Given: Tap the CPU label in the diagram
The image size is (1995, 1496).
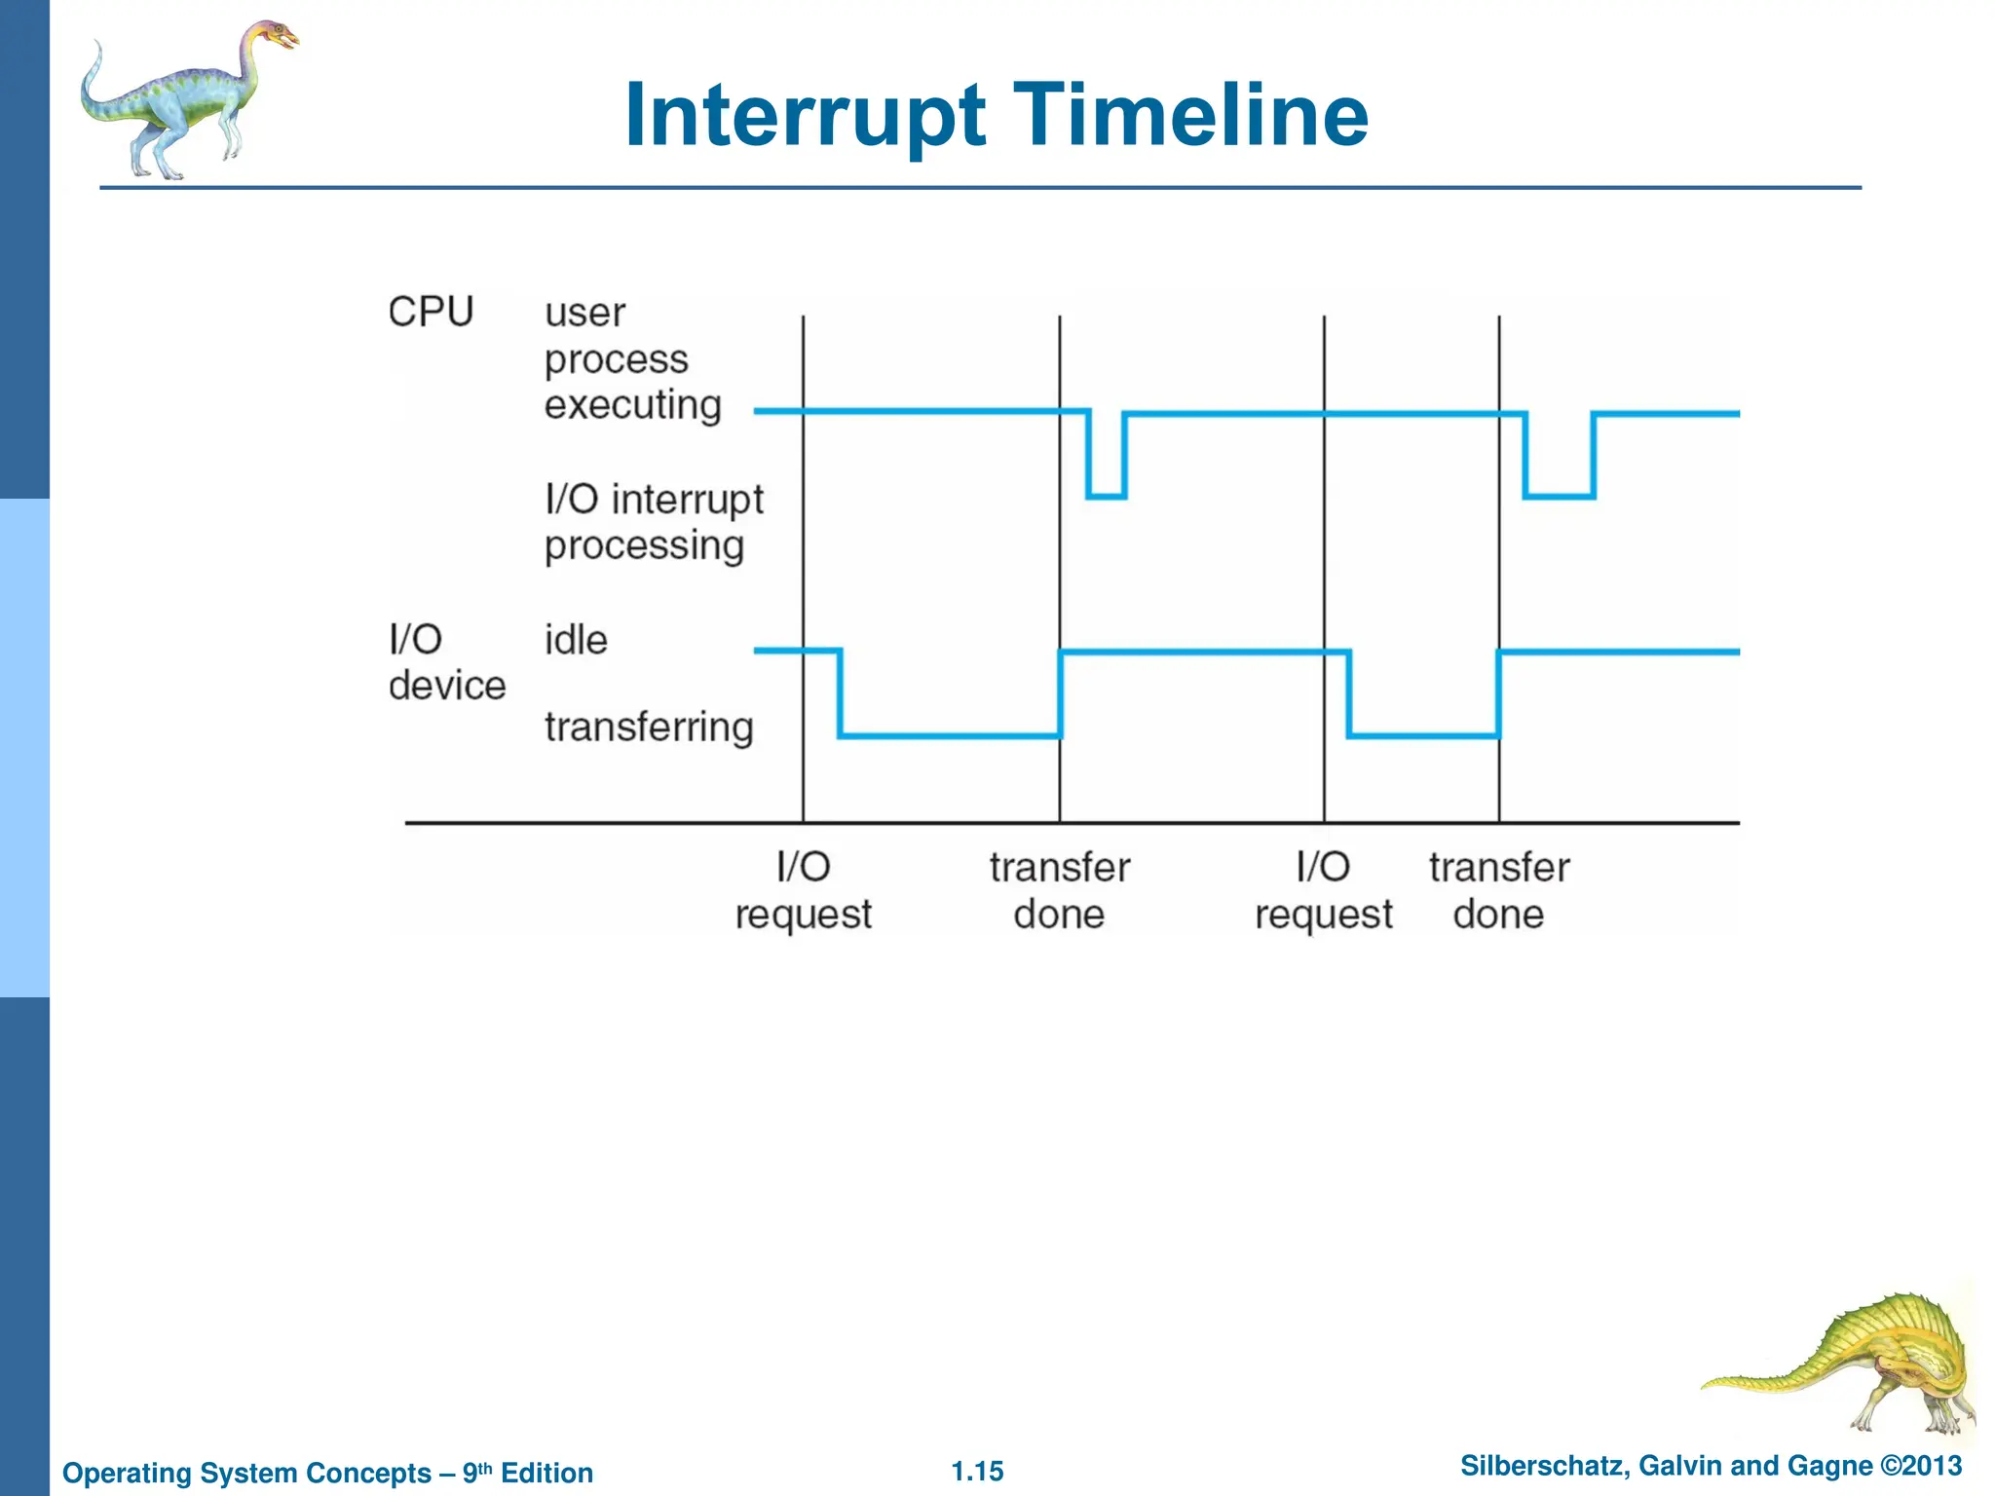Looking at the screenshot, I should coord(431,313).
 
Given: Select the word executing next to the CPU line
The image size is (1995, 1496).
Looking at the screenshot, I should coord(632,405).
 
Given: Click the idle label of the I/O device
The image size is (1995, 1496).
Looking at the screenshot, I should coord(576,641).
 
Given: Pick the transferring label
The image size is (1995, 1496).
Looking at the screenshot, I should coord(649,728).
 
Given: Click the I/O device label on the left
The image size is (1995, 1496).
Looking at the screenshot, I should coord(446,663).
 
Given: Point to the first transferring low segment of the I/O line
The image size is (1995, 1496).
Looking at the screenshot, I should coord(950,735).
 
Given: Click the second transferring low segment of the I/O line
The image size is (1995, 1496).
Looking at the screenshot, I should coord(1423,735).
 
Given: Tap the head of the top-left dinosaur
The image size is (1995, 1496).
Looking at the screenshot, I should coord(277,37).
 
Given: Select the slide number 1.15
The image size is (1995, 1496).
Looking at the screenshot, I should coord(977,1472).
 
